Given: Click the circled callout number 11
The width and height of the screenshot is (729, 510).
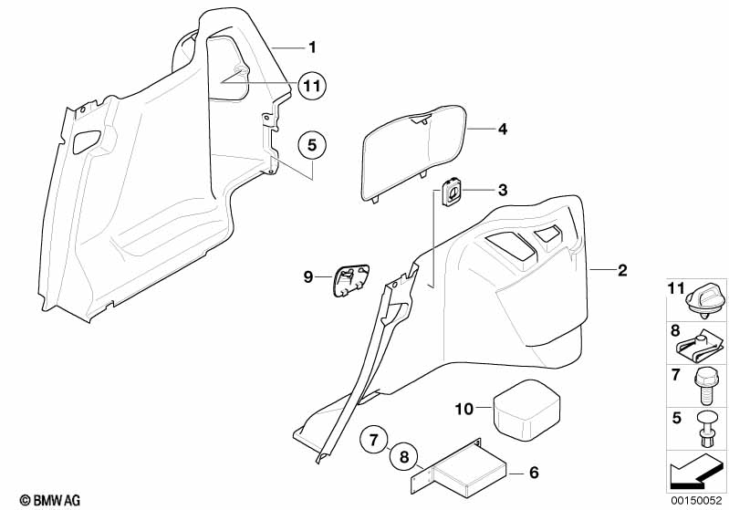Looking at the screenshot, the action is pos(312,86).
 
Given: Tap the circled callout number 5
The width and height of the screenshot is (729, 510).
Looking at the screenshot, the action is pos(312,145).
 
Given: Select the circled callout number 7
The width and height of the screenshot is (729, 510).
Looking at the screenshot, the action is pos(375,440).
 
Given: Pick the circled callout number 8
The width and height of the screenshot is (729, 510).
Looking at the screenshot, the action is pos(403,457).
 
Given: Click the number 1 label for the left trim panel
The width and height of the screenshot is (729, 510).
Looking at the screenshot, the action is pos(312,47).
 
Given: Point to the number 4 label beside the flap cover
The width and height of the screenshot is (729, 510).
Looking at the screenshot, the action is pos(503,129).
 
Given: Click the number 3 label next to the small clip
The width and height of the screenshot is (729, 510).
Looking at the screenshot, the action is pos(503,190).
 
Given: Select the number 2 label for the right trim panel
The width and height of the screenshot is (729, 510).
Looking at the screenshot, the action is pos(622,270).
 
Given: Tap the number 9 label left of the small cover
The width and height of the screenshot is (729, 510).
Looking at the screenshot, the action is pos(307,277).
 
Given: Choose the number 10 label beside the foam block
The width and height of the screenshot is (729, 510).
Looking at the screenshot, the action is pos(463,409).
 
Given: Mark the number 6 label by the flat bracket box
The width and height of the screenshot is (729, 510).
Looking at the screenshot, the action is pos(534,473).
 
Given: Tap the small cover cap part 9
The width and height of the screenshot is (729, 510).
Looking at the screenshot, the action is pos(351,280).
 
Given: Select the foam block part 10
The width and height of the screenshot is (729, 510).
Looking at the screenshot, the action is pos(526,410).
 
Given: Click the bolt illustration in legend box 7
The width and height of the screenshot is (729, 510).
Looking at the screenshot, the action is pos(703,386).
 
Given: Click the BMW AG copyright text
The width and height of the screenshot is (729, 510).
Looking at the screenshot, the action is pos(50,500).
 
